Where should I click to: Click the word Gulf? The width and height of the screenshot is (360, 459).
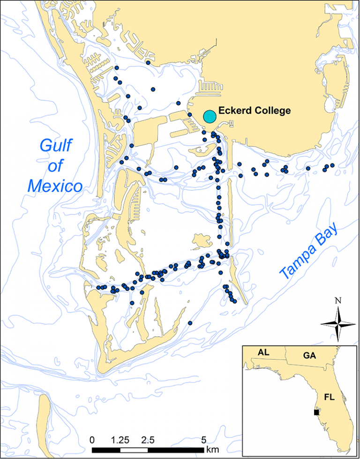(55, 146)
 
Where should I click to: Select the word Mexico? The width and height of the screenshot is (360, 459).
(55, 186)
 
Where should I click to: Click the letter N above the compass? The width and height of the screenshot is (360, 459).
(337, 301)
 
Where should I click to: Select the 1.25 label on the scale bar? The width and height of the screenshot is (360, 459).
(120, 441)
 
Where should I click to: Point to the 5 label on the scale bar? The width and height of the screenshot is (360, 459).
(203, 441)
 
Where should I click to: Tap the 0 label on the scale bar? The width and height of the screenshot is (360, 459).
(92, 441)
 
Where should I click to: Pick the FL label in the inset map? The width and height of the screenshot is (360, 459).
(330, 397)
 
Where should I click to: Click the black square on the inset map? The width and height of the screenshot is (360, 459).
(316, 413)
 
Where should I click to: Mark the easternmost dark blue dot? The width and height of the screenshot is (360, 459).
(332, 165)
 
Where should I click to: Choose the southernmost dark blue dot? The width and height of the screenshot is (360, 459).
(190, 323)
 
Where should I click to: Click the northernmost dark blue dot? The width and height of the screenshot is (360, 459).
(148, 62)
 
